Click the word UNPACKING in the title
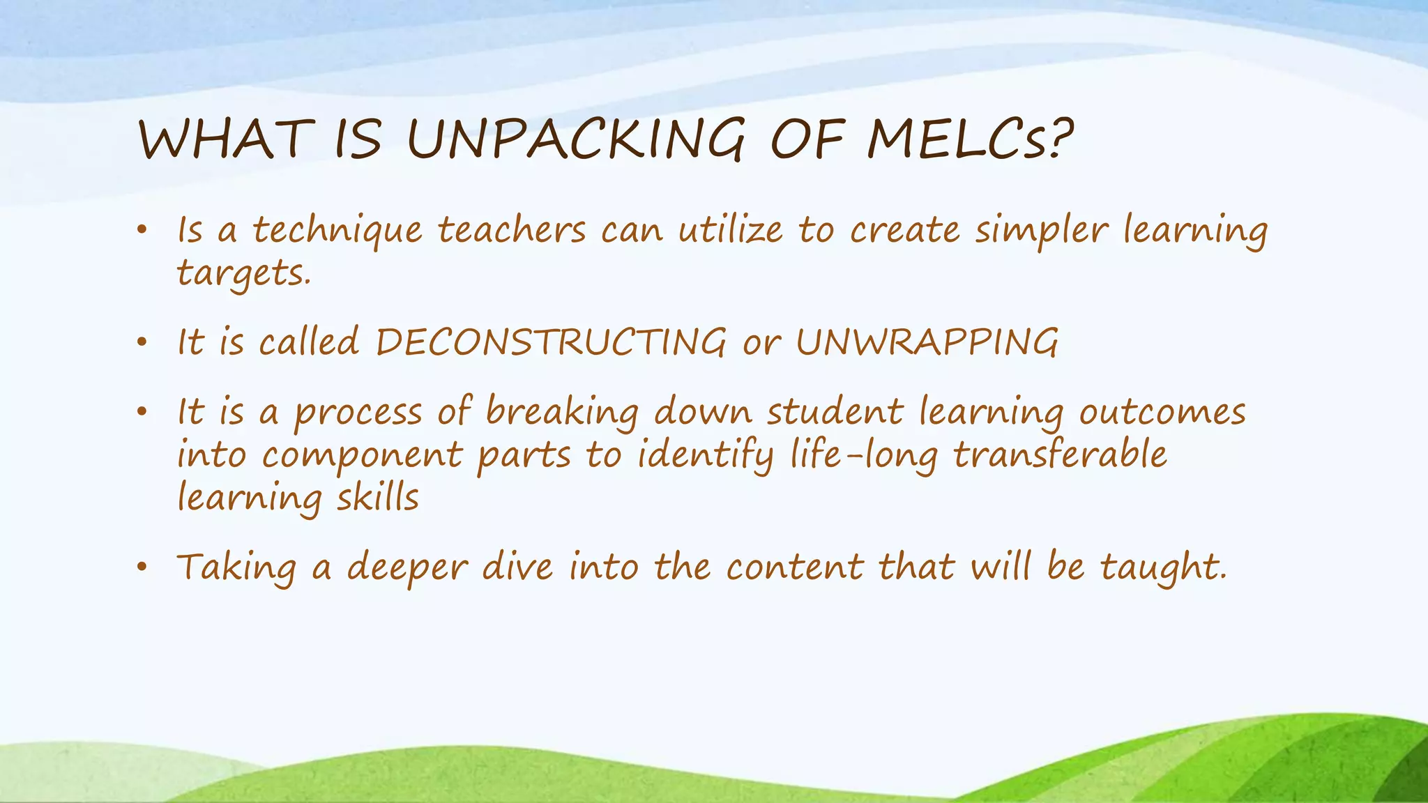(x=576, y=139)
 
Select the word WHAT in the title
(x=222, y=139)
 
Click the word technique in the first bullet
(x=337, y=230)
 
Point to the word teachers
(x=512, y=230)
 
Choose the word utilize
(x=730, y=230)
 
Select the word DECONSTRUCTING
(x=551, y=342)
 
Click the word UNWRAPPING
(x=927, y=342)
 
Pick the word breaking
(x=562, y=412)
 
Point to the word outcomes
(x=1162, y=412)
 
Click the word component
(x=362, y=456)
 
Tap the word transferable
(x=1060, y=454)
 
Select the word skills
(x=378, y=498)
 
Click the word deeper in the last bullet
(x=407, y=567)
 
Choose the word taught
(x=1162, y=567)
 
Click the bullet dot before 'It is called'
(x=142, y=343)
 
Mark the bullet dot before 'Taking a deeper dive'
(x=142, y=567)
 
